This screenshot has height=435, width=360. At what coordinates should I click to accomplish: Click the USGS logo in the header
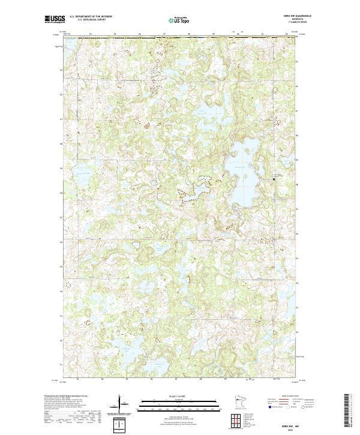coord(55,19)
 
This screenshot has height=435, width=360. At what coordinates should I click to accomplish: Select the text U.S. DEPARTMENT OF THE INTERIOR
coord(89,16)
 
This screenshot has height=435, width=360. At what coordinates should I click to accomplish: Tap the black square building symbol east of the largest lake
coord(276,179)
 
